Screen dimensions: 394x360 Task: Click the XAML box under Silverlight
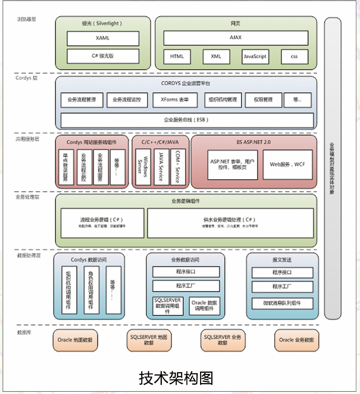click(103, 38)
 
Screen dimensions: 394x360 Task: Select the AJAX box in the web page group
click(236, 38)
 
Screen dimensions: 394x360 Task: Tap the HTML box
click(177, 57)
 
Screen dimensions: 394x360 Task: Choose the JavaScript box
click(255, 57)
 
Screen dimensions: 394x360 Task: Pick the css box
click(294, 57)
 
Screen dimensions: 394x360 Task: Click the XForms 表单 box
click(174, 100)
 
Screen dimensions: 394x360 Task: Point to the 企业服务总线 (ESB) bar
click(187, 120)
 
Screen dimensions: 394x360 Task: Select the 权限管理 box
click(263, 100)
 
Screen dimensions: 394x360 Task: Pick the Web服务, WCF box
click(287, 164)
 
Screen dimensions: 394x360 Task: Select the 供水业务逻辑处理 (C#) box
click(230, 222)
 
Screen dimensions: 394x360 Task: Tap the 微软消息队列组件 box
click(283, 303)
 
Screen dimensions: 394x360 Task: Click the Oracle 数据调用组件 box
click(204, 306)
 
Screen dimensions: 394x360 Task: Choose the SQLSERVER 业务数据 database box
click(222, 340)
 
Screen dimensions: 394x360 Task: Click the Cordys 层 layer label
click(26, 78)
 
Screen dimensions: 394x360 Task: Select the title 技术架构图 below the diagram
click(176, 378)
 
